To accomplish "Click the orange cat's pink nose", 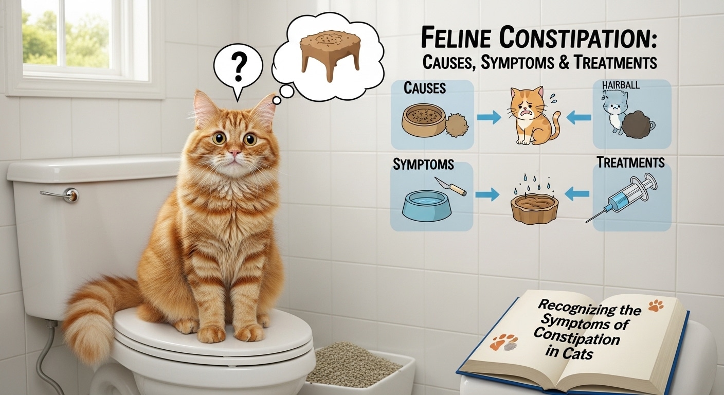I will point(234,153).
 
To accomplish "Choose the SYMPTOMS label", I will point(423,165).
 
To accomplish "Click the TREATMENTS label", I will point(631,163).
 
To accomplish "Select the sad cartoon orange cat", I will point(531,116).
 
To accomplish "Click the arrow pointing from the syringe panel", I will point(577,194).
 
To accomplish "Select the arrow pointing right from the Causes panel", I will point(488,118).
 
